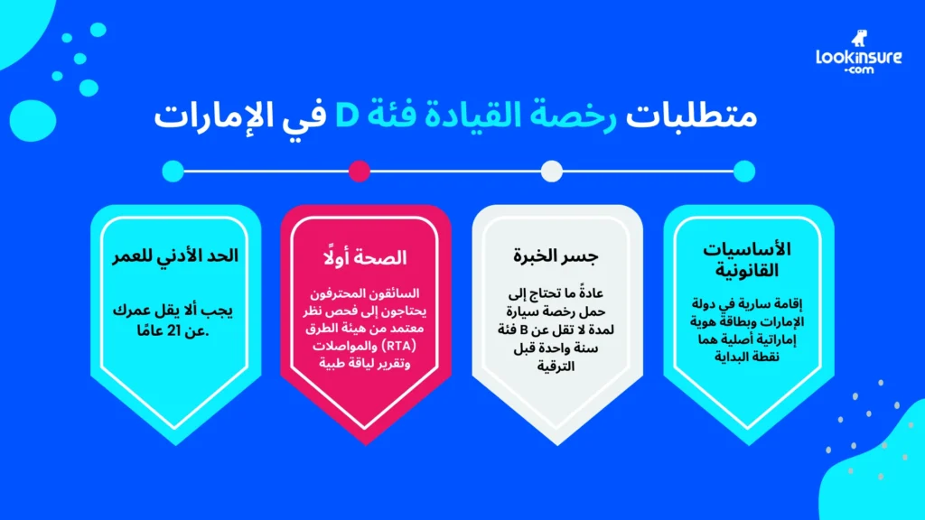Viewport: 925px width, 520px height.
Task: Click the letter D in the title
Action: (x=350, y=117)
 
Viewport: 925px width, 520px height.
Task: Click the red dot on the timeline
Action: (x=359, y=170)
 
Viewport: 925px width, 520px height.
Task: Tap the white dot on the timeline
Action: (x=552, y=170)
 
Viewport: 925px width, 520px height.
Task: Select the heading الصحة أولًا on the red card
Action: (x=366, y=257)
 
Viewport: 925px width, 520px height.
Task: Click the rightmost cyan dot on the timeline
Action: (x=744, y=170)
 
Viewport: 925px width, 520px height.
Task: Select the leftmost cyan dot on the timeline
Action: (x=173, y=170)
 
